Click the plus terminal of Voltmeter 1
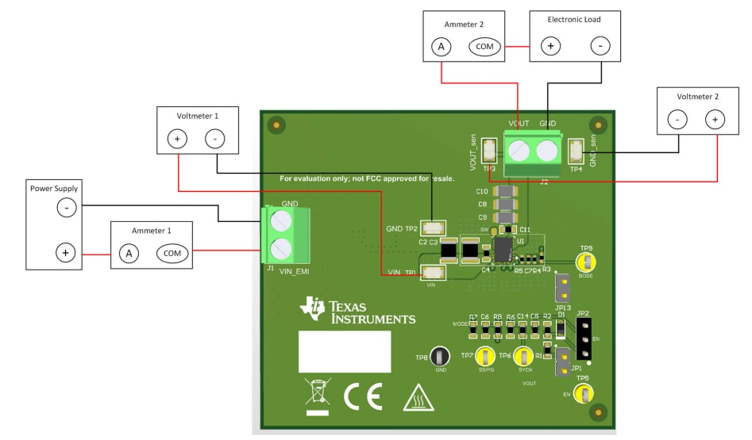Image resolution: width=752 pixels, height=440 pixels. (x=176, y=140)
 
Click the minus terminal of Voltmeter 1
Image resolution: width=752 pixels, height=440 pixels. (x=214, y=140)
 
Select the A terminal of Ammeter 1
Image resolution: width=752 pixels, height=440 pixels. (x=127, y=254)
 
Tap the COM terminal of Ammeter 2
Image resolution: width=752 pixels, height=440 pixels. (x=484, y=47)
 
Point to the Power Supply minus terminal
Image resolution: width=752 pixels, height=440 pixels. (x=66, y=209)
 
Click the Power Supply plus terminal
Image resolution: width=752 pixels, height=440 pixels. (x=66, y=254)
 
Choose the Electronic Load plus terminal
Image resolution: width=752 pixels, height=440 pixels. (x=550, y=47)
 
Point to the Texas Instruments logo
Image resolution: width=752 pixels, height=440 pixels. (x=357, y=311)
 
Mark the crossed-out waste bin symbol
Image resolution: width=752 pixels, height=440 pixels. (x=318, y=396)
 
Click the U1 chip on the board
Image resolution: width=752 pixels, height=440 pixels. (x=503, y=251)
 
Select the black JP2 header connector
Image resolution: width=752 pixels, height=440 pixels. (x=584, y=339)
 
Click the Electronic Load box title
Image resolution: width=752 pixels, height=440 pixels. (x=574, y=20)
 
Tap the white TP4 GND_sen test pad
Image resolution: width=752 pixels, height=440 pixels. (x=576, y=149)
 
